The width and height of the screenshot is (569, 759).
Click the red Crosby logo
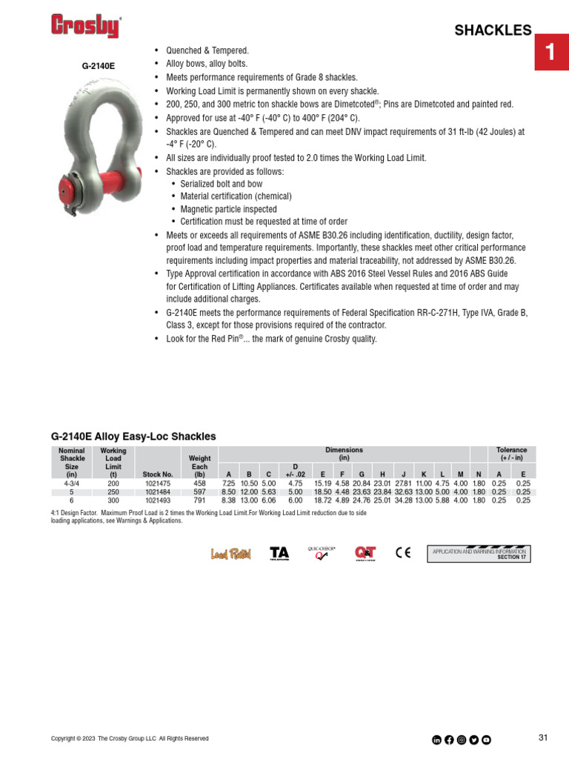pos(85,27)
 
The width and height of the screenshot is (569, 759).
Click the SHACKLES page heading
pos(493,30)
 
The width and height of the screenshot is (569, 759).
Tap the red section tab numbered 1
pos(550,52)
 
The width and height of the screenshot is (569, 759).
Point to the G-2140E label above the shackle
pos(99,66)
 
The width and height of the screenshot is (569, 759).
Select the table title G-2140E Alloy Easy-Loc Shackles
pos(133,437)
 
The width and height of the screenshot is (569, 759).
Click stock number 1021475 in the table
pos(158,483)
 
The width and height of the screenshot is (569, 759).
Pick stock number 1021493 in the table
pos(158,500)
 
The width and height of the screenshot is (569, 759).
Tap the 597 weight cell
pos(199,491)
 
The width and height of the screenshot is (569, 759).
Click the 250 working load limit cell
pos(113,491)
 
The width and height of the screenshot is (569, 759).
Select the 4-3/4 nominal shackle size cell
pos(72,483)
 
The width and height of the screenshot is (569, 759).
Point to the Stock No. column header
pos(158,474)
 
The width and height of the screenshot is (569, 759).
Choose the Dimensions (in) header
pos(344,454)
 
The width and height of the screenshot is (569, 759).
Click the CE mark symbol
pos(403,553)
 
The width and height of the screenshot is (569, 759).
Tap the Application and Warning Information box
pos(479,554)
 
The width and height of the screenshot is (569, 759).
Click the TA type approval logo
pos(279,554)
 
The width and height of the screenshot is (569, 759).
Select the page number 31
pos(543,738)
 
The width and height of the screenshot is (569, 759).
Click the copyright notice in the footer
pos(130,739)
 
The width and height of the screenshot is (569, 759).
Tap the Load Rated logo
pos(231,554)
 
